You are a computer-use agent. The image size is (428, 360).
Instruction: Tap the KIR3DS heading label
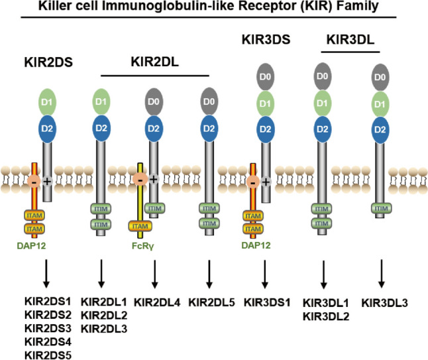point(267,42)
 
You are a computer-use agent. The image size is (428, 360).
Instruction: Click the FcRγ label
point(140,253)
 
